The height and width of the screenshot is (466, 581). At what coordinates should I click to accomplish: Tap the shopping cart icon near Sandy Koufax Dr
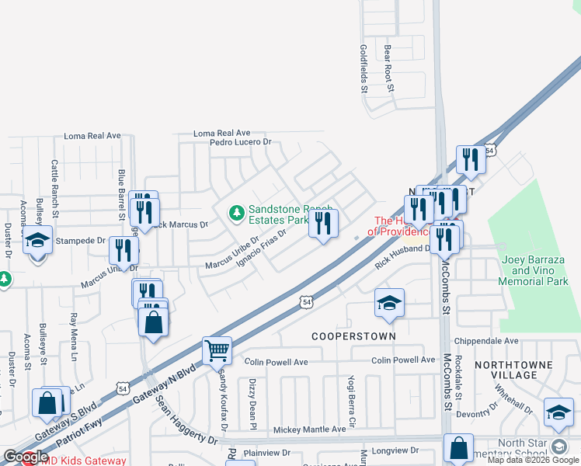tap(217, 350)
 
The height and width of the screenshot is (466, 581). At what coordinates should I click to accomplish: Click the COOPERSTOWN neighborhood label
tap(353, 336)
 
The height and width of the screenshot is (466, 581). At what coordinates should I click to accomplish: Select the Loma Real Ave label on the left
tap(92, 135)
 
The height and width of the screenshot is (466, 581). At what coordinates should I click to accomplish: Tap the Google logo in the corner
tap(25, 457)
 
